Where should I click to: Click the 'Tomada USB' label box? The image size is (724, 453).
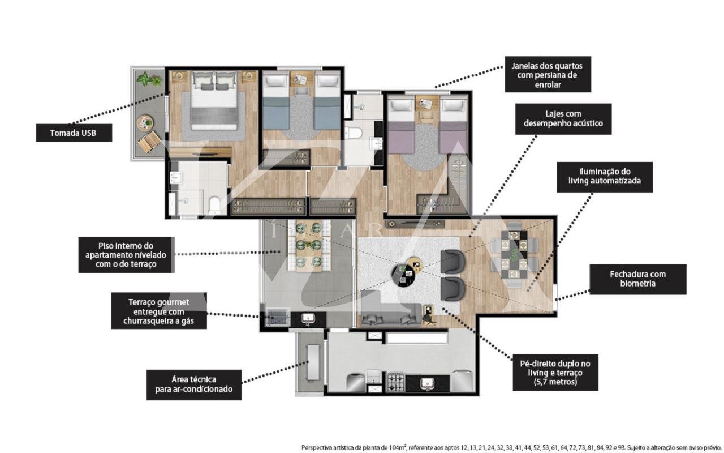point(74,133)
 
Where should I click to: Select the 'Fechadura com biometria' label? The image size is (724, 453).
point(637,279)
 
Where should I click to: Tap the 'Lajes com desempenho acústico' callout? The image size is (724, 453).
point(563,119)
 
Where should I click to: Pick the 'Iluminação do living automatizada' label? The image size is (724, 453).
point(605,177)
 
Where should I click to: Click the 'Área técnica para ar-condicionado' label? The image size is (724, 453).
point(194,384)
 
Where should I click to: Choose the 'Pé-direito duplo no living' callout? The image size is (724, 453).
point(555,372)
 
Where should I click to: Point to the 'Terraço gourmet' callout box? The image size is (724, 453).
point(159,311)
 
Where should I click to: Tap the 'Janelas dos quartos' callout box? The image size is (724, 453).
point(548,74)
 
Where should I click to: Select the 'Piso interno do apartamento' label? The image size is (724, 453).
point(126,255)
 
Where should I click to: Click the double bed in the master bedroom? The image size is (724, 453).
point(214,100)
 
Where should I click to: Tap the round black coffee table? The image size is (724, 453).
point(403,275)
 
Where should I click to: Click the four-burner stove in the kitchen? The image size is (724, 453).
point(396,382)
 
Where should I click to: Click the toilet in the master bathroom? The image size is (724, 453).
point(214,205)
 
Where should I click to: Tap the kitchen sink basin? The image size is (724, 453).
point(426,383)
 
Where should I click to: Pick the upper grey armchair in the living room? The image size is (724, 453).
point(453,262)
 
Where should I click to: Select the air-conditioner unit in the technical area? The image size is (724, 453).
point(313,363)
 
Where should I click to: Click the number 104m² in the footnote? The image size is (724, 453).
point(398,447)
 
